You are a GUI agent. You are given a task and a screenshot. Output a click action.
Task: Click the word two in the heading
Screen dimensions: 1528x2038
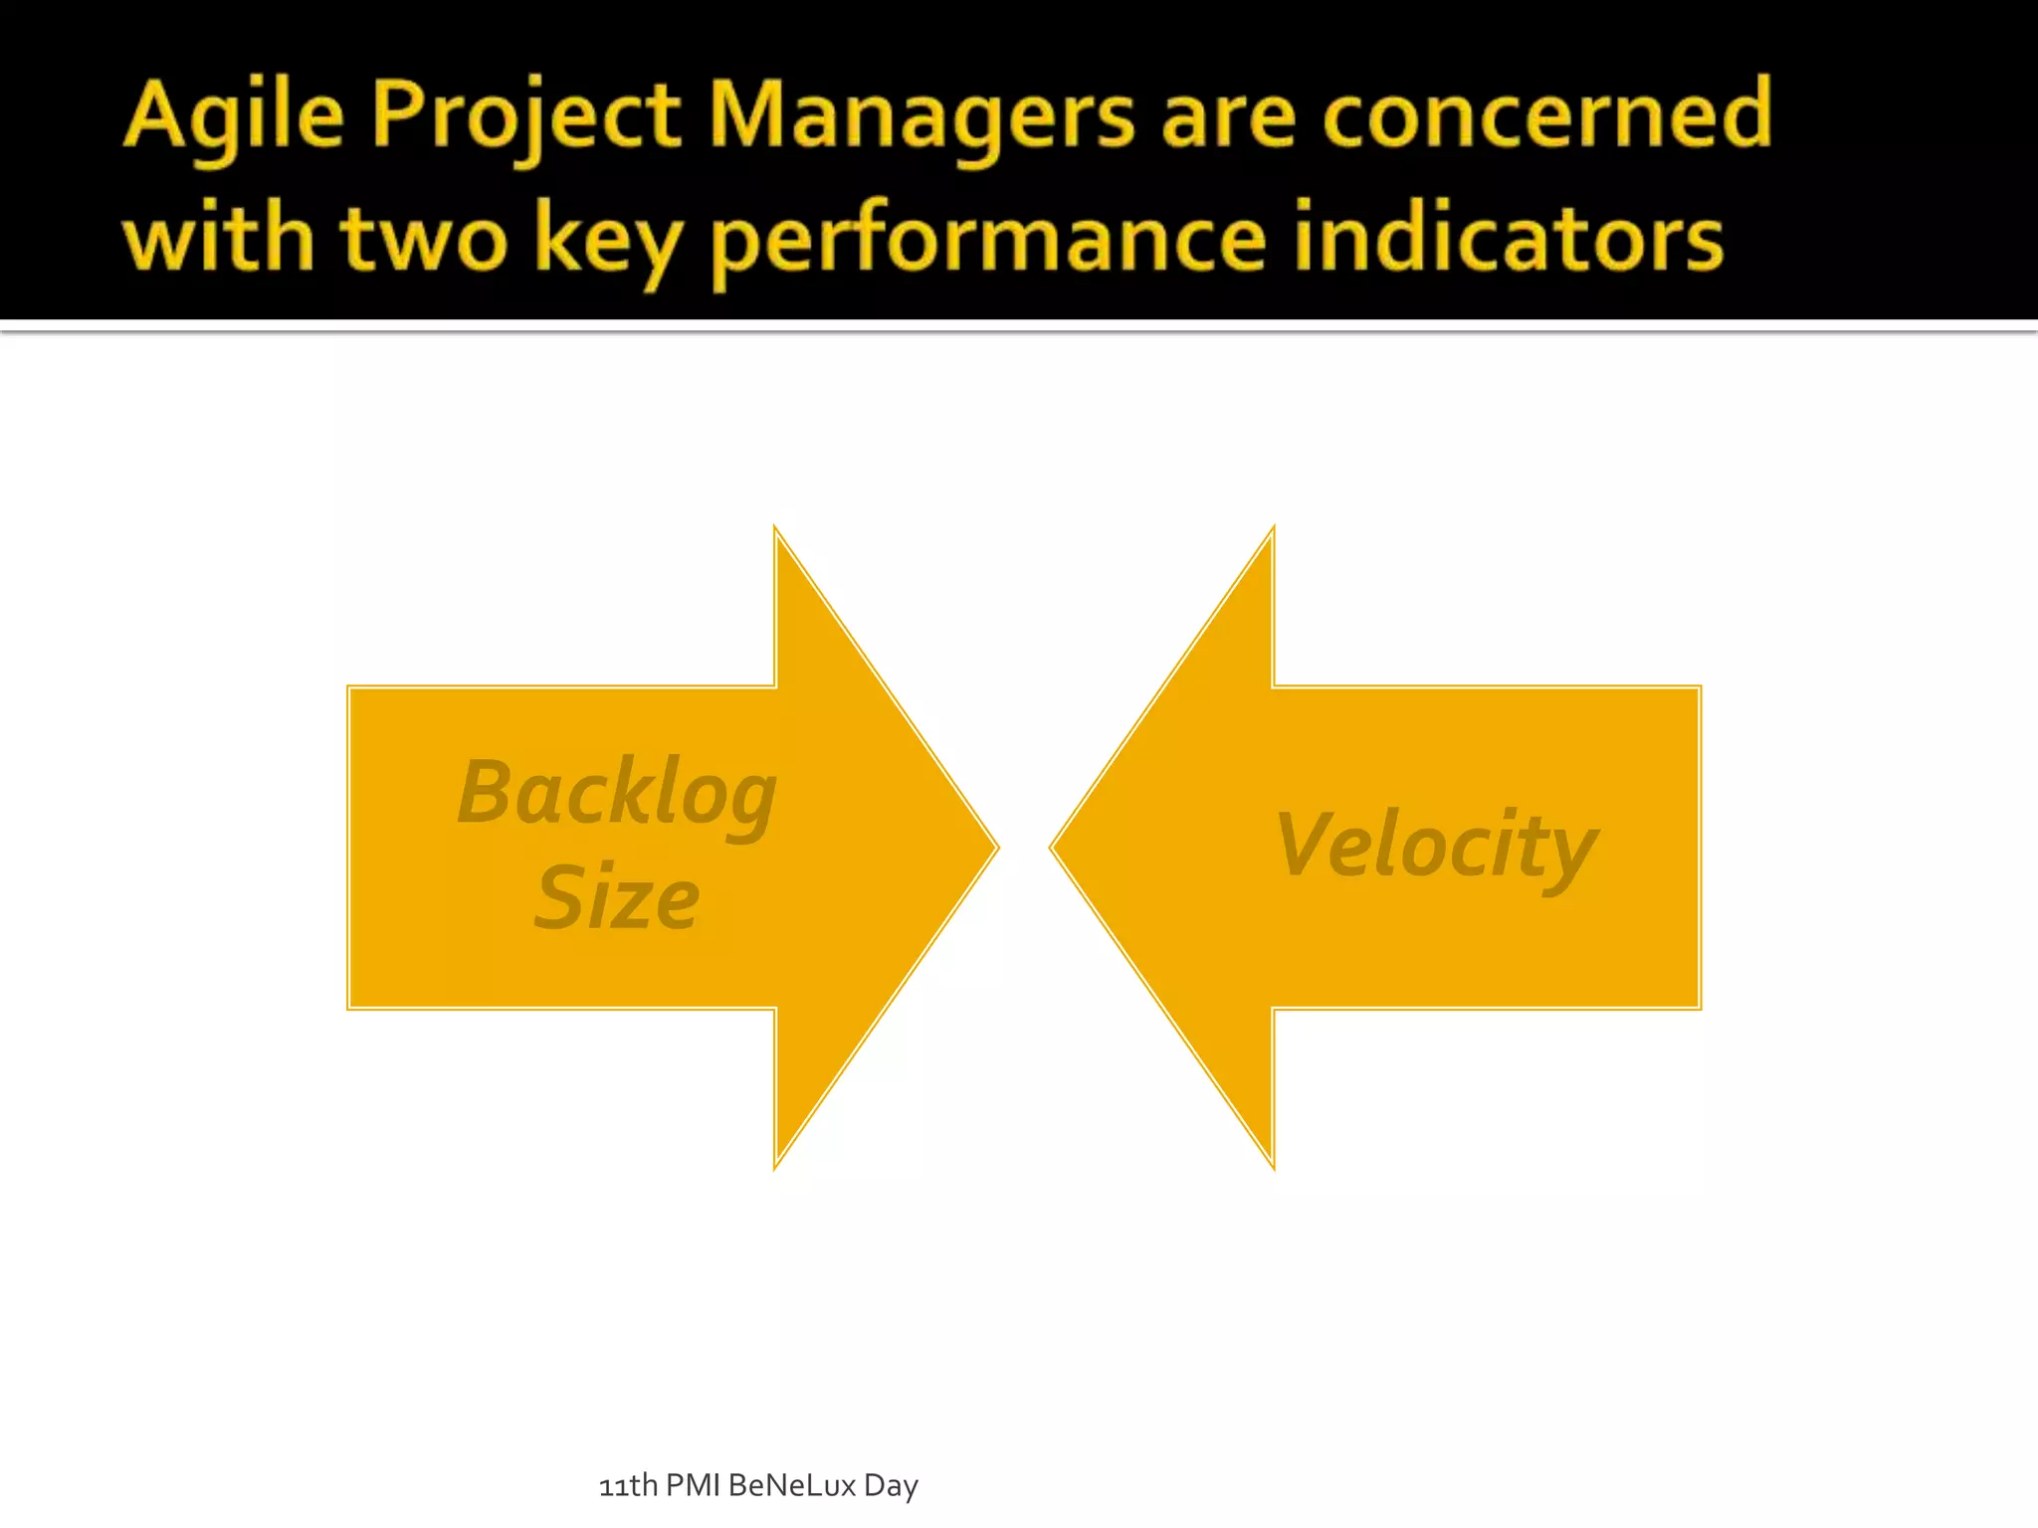424,239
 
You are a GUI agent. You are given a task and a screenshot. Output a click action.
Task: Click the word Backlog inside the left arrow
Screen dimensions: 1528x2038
617,794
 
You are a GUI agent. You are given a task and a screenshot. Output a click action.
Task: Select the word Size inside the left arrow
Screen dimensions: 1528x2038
617,898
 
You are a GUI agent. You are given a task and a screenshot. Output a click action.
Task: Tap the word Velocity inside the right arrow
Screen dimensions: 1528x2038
1436,846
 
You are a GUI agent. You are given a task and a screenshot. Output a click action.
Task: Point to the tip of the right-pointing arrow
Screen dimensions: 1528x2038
996,848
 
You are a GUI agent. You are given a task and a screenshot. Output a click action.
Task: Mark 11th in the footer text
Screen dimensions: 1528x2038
627,1485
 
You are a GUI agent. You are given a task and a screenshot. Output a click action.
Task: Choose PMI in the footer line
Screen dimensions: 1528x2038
693,1485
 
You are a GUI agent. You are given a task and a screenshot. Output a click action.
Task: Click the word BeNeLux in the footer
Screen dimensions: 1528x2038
792,1485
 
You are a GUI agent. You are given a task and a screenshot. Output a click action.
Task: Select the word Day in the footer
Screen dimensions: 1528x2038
891,1486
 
